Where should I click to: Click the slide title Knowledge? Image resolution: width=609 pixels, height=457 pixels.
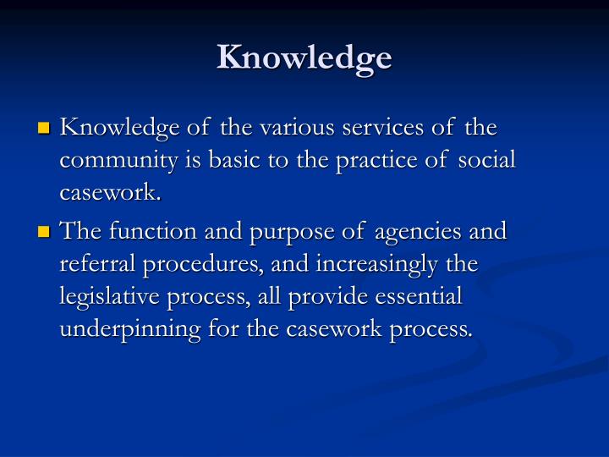(304, 58)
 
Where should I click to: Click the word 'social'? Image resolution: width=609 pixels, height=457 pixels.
(488, 161)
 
